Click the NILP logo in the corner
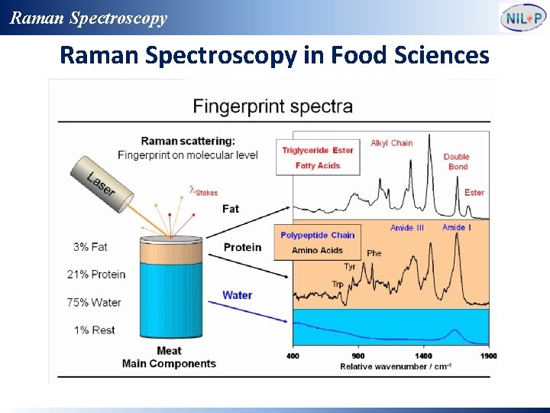522,17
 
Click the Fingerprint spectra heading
273,106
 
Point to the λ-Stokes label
203,191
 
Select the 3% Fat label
90,247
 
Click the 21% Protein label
95,275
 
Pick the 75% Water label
94,302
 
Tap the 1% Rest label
94,330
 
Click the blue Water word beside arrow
237,295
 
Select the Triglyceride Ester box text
318,150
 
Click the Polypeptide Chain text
317,235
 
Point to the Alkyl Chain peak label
391,143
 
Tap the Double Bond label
457,161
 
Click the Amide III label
406,228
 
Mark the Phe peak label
374,253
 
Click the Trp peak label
338,284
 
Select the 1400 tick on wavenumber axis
423,356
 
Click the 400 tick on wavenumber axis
293,356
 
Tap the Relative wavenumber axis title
395,366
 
